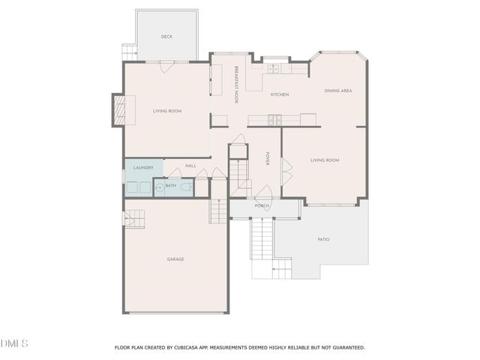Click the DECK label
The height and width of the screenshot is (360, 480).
point(166,37)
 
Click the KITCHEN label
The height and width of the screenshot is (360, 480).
point(280,94)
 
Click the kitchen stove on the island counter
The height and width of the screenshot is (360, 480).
point(275,118)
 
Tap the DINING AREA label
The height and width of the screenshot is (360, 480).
point(338,91)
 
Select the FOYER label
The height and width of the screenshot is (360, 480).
point(267,159)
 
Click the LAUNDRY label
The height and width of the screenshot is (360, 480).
point(143,167)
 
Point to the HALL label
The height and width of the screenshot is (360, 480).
point(190,166)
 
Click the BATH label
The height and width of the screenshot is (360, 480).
point(171,185)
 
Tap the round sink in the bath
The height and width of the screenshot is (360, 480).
point(159,186)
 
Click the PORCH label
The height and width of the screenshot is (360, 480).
point(262,205)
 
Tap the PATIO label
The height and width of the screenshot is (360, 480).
point(323,239)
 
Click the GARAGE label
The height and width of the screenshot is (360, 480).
point(175,259)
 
